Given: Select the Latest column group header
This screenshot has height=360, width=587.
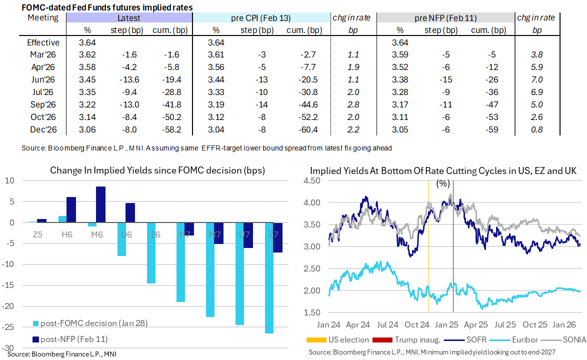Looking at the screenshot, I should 128,18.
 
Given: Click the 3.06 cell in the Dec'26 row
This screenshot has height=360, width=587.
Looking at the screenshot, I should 87,130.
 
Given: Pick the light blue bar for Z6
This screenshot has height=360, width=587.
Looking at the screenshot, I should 151,253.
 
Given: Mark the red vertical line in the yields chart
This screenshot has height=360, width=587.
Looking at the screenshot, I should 453,250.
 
